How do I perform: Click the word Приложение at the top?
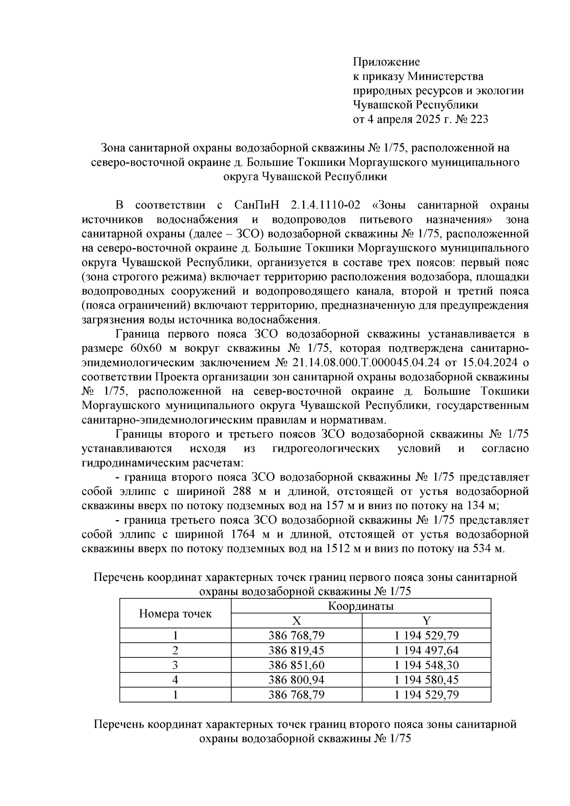386,62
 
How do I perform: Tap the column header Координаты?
361,606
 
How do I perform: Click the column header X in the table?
296,621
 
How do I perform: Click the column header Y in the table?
426,621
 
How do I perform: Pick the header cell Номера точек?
175,614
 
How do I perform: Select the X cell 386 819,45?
296,650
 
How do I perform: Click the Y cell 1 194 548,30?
427,665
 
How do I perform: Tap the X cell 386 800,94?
296,680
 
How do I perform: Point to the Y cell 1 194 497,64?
427,650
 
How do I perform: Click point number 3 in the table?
175,665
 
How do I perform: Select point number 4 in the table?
175,680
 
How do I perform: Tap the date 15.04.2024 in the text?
491,363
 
